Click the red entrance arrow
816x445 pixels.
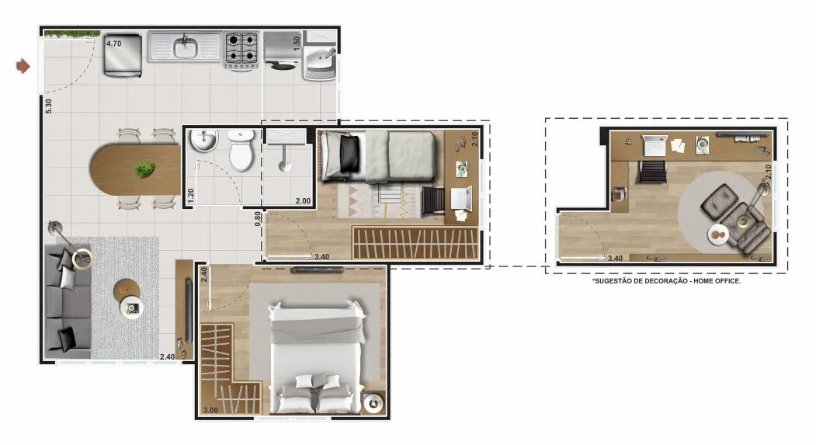click(x=23, y=66)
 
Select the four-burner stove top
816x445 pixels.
click(x=241, y=48)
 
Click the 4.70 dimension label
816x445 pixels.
click(x=114, y=43)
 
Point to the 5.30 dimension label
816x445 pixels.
click(x=49, y=106)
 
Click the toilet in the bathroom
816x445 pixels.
click(x=241, y=150)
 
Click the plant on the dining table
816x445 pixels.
click(x=144, y=169)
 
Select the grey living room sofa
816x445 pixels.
click(x=68, y=302)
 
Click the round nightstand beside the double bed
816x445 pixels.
click(x=373, y=403)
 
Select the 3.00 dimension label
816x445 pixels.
click(x=210, y=410)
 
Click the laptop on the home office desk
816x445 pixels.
click(x=655, y=145)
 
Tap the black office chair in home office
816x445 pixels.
click(x=653, y=171)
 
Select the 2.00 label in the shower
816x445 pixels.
click(x=303, y=201)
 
